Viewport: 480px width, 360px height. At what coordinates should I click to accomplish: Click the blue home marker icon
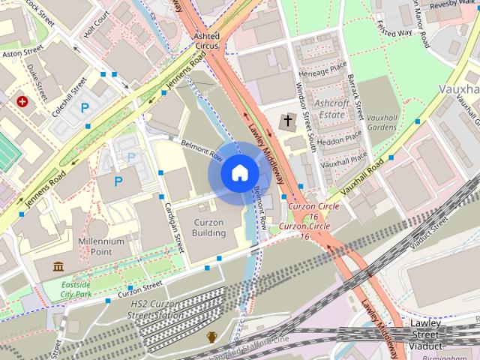238,173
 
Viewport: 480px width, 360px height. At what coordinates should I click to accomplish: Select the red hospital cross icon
23,100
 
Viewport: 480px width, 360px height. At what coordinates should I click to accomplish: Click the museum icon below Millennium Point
58,266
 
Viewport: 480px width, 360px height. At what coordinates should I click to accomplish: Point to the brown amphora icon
211,337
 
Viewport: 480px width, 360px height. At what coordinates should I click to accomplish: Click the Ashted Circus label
206,40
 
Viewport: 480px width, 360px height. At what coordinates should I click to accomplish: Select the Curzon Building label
209,227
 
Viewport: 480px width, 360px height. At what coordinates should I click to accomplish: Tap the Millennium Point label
101,247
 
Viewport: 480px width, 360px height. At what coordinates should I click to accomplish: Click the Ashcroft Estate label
330,109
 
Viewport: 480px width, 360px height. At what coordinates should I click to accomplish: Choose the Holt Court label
97,25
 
